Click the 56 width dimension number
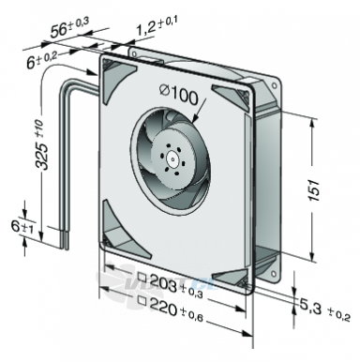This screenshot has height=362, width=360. pos(59,30)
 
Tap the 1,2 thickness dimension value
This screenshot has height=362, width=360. pos(146,28)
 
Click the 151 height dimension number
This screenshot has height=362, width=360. pos(315,189)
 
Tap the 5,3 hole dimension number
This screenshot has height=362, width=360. pos(310,307)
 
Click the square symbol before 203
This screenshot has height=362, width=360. pos(142,277)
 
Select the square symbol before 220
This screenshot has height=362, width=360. pos(142,300)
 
